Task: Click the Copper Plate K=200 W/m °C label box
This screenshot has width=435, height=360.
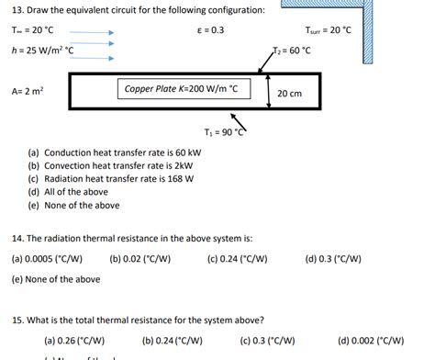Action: click(183, 89)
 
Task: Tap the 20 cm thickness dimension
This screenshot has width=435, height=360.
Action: click(289, 93)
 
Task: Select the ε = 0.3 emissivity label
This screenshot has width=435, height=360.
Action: click(210, 30)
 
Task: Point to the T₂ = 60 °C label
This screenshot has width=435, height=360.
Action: click(291, 51)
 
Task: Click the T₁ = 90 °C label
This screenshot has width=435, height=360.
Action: click(226, 132)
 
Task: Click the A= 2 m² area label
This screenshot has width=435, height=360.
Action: click(27, 91)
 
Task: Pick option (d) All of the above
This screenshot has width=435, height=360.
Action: click(69, 192)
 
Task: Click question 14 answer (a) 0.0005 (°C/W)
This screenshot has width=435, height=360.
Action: click(47, 259)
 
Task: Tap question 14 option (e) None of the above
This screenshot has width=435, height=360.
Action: click(56, 279)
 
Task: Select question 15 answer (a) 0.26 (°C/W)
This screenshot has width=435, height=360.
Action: click(74, 340)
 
